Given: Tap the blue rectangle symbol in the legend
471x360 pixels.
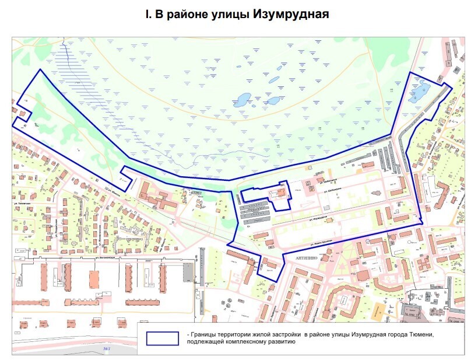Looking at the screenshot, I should (163, 338).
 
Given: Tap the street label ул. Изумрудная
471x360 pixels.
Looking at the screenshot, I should (317, 219).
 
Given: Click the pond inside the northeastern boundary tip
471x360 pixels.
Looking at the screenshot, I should (420, 93).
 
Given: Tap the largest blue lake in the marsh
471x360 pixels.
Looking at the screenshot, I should (242, 99).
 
